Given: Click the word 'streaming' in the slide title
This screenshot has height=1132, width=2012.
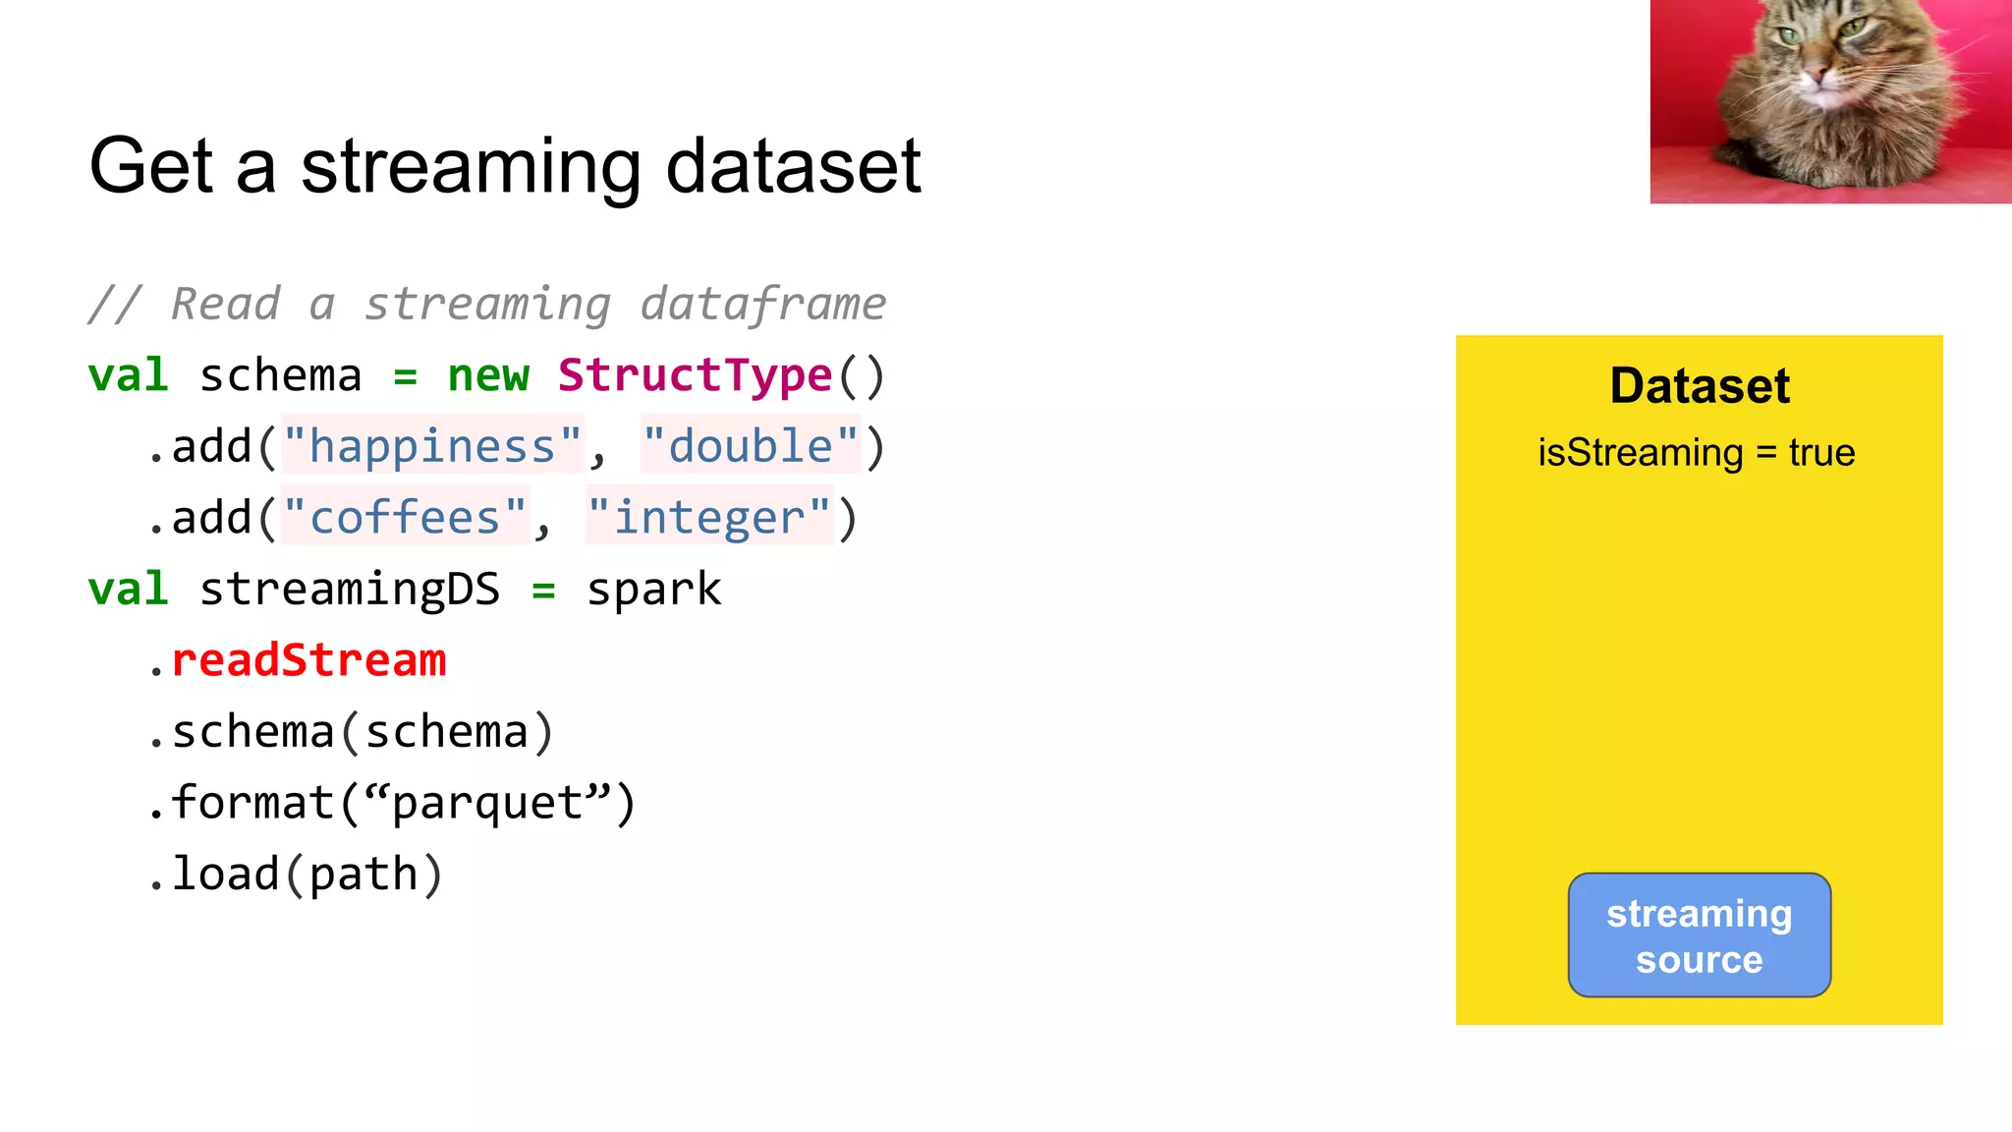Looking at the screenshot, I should coord(471,167).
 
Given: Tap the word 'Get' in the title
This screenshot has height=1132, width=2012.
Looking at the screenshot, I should coord(150,167).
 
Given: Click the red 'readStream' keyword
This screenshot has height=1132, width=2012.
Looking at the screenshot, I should coord(308,660).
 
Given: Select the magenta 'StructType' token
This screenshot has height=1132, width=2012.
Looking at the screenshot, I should coord(696,375).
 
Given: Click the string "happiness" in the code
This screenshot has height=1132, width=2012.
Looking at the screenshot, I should coord(432,447).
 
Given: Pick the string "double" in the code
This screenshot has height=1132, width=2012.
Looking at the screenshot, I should coord(751,447).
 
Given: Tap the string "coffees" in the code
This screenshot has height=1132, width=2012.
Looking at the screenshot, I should coord(405,518).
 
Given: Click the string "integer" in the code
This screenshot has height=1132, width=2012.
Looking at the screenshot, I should coord(709,518).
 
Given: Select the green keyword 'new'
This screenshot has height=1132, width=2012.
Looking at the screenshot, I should coord(488,375).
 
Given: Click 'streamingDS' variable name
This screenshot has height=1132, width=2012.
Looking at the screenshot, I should coord(350,590).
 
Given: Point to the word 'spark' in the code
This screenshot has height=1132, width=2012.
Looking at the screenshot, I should coord(653,590).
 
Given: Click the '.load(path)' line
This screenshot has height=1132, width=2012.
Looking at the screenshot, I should coord(295,875).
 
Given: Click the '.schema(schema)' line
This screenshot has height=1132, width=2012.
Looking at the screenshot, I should coord(351,732).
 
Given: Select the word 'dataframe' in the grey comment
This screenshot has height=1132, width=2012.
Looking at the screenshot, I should coord(763,304).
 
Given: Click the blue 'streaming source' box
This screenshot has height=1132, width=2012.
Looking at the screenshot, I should coord(1699,934).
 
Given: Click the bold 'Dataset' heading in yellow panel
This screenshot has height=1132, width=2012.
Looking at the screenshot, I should coord(1700,385).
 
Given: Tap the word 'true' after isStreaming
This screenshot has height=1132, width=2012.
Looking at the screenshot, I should coord(1821,453).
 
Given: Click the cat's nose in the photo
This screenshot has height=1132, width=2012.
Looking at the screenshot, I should coord(1818,74).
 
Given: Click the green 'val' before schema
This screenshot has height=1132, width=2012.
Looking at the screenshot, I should coord(128,375).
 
